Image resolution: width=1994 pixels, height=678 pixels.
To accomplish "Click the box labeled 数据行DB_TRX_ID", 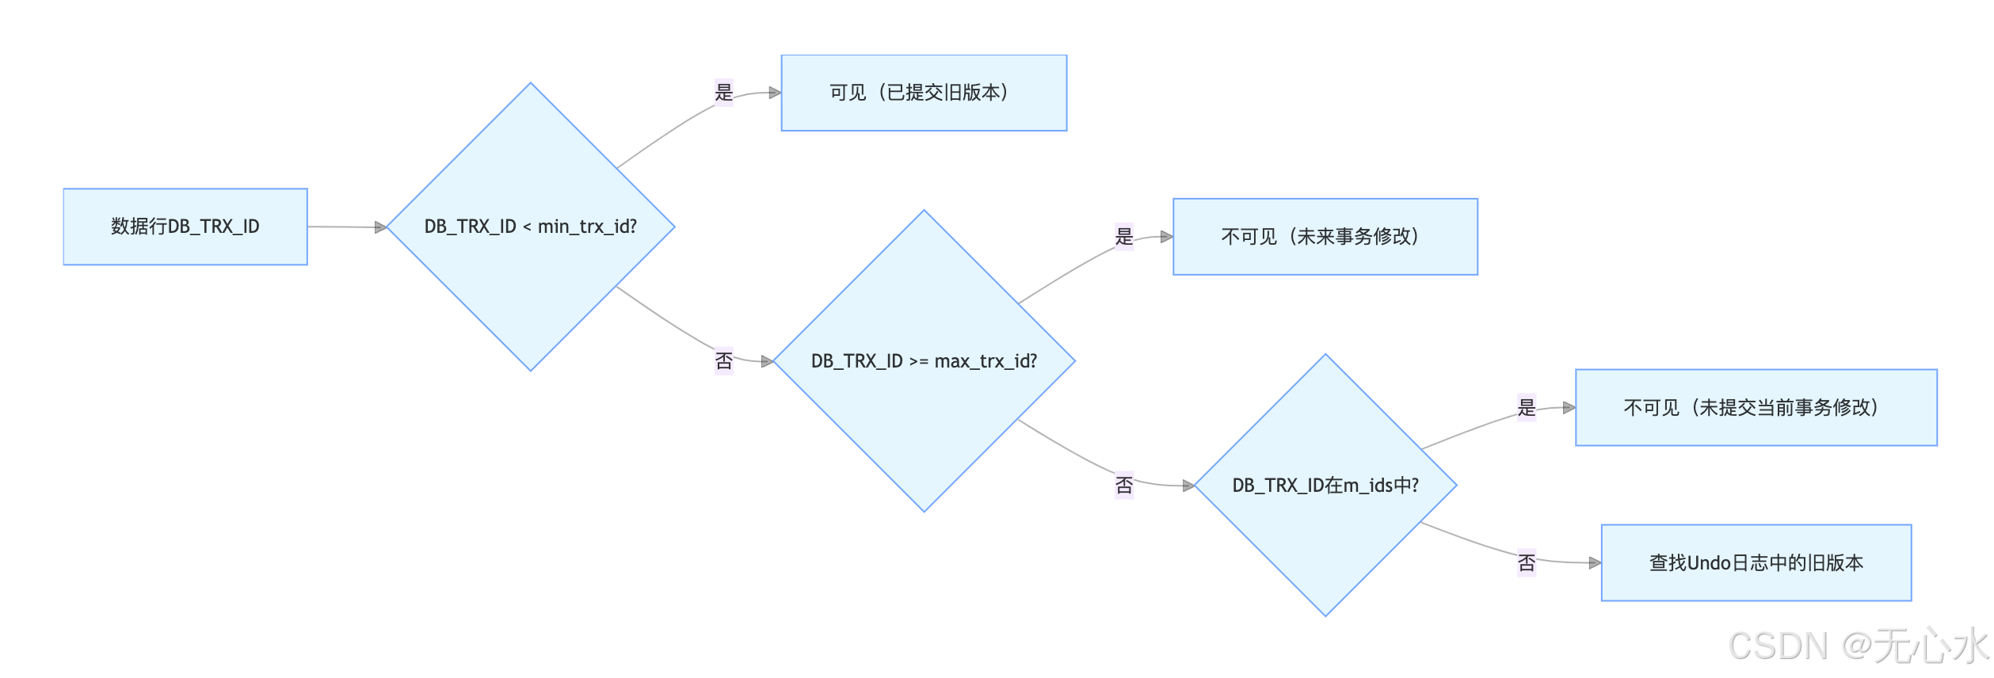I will [x=185, y=227].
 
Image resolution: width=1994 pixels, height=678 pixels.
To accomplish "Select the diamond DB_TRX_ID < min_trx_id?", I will [x=530, y=227].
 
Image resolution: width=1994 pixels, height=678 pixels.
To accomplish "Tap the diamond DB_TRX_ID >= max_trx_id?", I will [x=924, y=361].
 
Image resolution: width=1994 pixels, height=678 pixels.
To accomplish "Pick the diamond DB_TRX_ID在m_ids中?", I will [x=1325, y=485].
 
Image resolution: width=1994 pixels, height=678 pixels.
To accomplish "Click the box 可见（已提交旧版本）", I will [x=924, y=93].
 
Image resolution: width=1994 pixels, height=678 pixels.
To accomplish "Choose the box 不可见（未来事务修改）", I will [x=1325, y=237].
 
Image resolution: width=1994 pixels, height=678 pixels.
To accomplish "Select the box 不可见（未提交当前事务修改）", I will [x=1756, y=408].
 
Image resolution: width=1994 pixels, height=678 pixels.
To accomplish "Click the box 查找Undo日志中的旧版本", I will [x=1756, y=563].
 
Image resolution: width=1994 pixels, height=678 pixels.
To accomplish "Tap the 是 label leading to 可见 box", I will [x=723, y=93].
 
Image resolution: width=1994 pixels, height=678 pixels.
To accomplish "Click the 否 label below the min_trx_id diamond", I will [x=723, y=361].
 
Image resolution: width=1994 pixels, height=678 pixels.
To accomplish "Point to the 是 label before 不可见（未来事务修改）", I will [x=1123, y=237].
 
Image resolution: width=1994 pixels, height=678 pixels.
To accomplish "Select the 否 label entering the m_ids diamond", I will [x=1123, y=485].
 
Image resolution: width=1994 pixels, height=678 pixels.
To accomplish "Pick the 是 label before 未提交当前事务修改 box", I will [x=1526, y=408].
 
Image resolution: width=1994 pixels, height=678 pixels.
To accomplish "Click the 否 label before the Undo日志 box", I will [x=1526, y=563].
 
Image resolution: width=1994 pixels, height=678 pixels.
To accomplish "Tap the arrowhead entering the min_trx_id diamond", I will [x=380, y=227].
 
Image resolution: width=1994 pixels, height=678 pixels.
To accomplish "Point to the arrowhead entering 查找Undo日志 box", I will [x=1595, y=563].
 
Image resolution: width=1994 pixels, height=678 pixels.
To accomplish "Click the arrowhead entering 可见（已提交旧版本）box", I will [x=775, y=93].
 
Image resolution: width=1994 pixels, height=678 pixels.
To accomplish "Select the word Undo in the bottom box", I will [x=1709, y=563].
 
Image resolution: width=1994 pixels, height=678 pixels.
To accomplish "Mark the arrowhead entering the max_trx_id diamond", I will [x=767, y=361].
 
